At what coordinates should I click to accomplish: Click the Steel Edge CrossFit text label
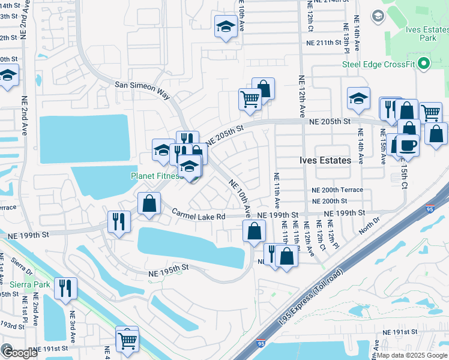(x=379, y=64)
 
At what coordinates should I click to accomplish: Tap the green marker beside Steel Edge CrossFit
(x=424, y=64)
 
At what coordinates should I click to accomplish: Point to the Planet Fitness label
(x=156, y=176)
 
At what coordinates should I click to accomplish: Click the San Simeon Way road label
(x=142, y=86)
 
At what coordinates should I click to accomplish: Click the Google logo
(x=19, y=353)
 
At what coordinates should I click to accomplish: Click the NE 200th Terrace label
(x=337, y=190)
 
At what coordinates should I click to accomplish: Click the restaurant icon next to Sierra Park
(x=65, y=287)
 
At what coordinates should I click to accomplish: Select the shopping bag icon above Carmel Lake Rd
(x=149, y=203)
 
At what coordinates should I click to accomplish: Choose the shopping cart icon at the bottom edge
(x=127, y=340)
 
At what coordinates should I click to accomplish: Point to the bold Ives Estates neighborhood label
(x=325, y=161)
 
